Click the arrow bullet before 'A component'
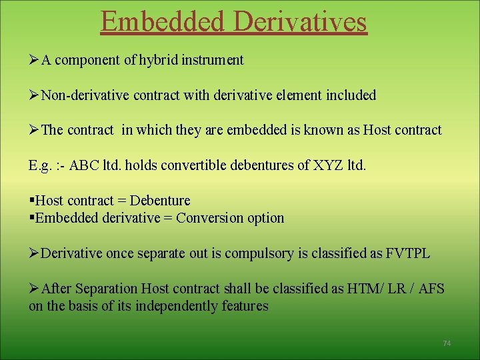[x=34, y=60]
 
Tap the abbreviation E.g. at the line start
[x=41, y=165]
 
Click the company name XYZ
[x=327, y=165]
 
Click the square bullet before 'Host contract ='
[x=31, y=201]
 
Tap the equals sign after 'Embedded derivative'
[x=167, y=218]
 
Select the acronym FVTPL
[x=408, y=253]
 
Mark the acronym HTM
[x=363, y=289]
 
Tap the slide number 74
[x=447, y=343]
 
